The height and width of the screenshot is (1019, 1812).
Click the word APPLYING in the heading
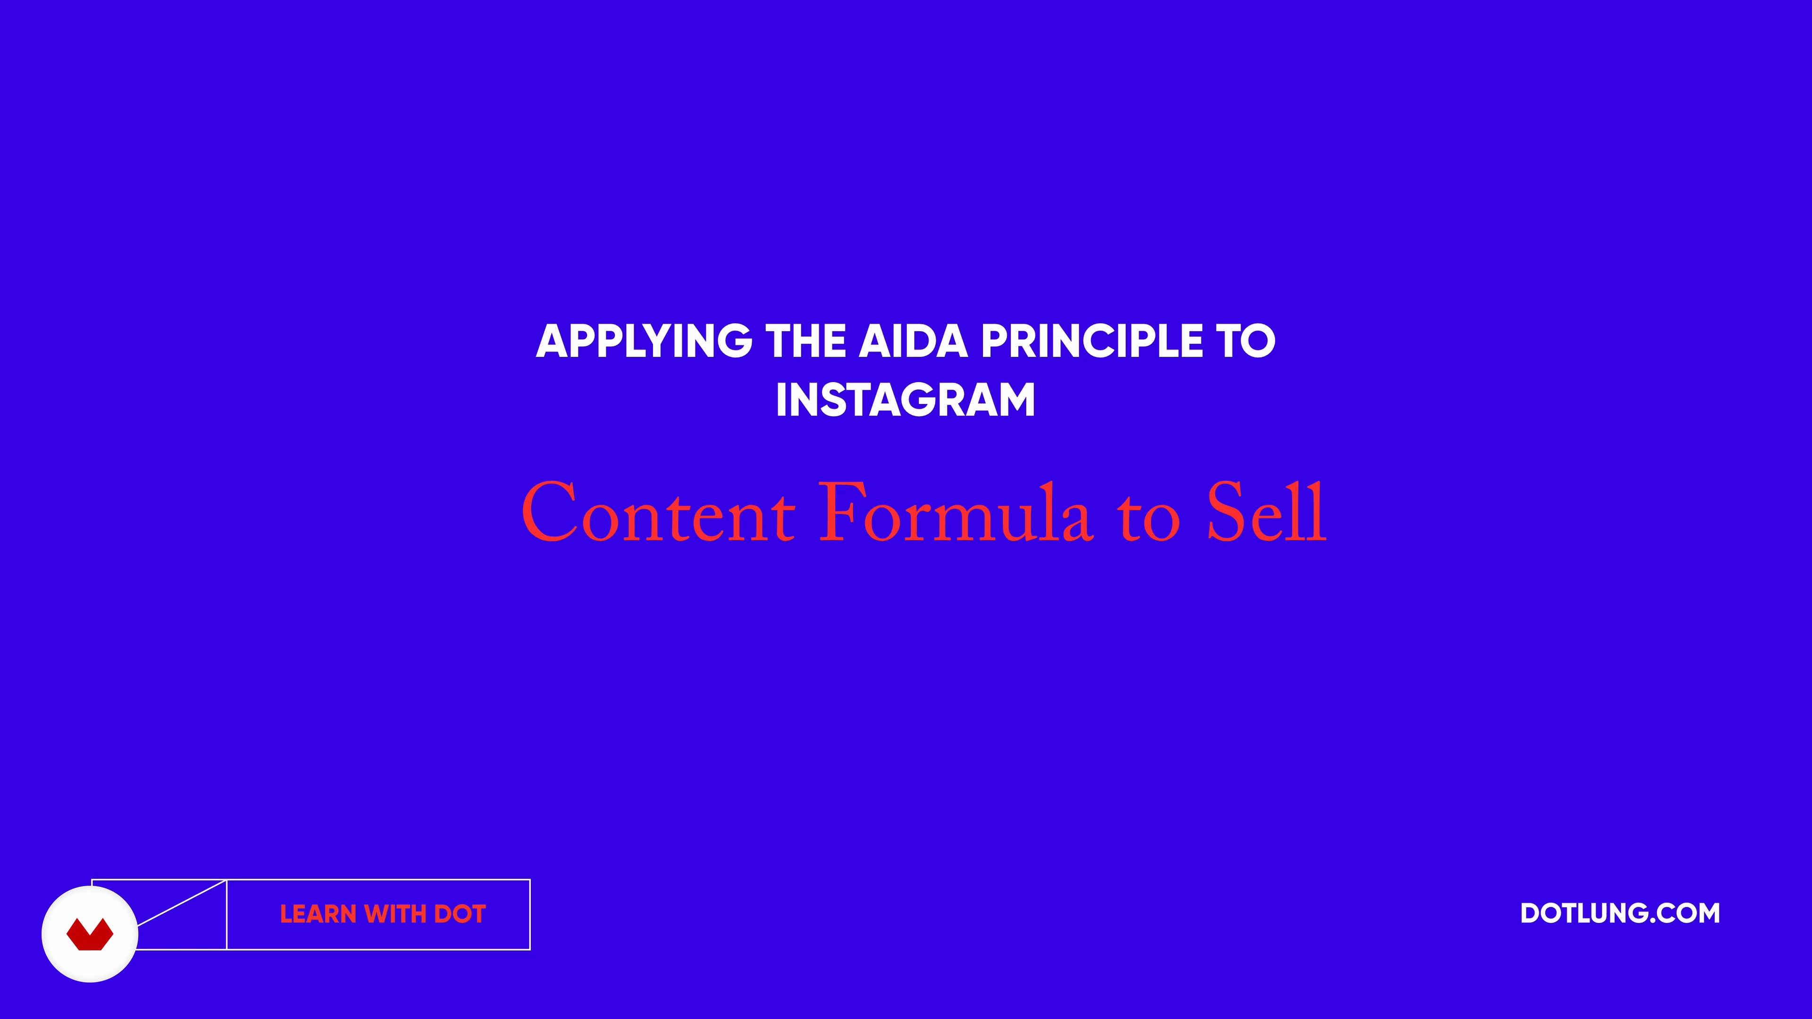click(x=644, y=342)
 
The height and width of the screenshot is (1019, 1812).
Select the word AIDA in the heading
click(x=914, y=341)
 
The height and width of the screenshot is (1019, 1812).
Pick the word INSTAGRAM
click(x=906, y=400)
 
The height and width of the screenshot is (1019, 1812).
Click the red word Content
click(x=658, y=512)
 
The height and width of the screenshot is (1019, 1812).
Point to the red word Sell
click(x=1267, y=511)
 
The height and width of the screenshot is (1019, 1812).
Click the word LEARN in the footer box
click(x=318, y=914)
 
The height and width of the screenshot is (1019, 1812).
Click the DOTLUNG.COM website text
click(x=1620, y=913)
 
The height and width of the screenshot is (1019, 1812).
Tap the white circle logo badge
click(x=90, y=934)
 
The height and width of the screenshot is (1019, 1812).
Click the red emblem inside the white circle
click(x=90, y=935)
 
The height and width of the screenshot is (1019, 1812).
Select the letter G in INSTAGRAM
click(x=924, y=400)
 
